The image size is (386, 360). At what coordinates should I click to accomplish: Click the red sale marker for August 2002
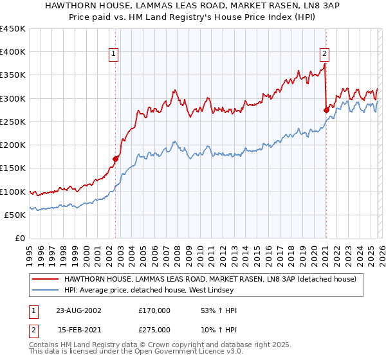116,158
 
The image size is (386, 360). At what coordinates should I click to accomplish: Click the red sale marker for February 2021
326,110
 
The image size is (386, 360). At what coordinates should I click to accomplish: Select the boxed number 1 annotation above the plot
113,55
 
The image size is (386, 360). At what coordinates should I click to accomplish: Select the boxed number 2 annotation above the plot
324,55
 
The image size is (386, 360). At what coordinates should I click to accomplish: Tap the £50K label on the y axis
15,215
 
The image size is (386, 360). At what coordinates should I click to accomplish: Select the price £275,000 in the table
154,329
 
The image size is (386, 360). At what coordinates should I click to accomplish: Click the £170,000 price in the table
154,310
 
